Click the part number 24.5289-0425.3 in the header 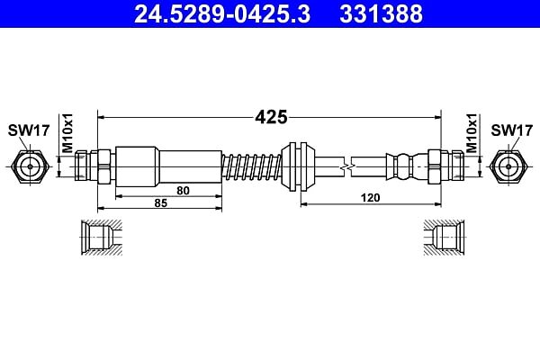(222, 13)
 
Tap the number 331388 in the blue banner (381, 13)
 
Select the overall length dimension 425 (271, 117)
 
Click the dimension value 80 (183, 190)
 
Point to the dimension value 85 (160, 202)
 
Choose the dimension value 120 (370, 198)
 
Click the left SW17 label (29, 130)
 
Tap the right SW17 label (511, 130)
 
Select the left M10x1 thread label (67, 132)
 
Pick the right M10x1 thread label (472, 132)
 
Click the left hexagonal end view (30, 166)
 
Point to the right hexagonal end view (508, 166)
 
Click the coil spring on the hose (252, 167)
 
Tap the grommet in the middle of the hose (298, 166)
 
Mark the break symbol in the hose (347, 167)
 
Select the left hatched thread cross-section (102, 238)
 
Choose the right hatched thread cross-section (444, 238)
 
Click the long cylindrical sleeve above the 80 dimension (169, 166)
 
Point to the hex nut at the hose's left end (104, 166)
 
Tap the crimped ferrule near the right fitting (407, 166)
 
